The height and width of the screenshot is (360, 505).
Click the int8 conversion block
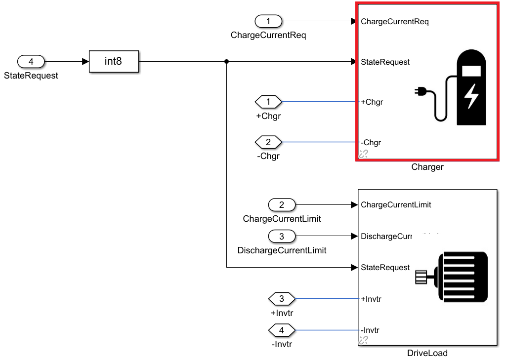(114, 62)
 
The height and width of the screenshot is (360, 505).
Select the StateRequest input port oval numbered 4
(31, 62)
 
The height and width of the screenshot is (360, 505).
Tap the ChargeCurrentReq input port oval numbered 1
(268, 21)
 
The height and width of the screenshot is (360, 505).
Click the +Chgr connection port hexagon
(268, 102)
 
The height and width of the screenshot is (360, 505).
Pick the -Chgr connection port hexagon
(268, 142)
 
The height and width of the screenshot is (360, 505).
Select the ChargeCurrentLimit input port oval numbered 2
(282, 204)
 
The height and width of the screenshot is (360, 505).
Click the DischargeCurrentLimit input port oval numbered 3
(282, 236)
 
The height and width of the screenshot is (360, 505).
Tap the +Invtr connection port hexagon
(282, 299)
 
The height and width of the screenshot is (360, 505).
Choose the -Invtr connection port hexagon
(282, 330)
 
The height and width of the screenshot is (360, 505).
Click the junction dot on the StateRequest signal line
(226, 62)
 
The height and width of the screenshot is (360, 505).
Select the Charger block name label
(427, 167)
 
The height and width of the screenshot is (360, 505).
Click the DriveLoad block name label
(427, 353)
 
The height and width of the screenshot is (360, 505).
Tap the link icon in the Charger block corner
(363, 154)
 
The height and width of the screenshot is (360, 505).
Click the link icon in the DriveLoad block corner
(363, 340)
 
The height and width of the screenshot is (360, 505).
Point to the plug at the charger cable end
(420, 91)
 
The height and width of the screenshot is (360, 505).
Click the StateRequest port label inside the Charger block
(385, 62)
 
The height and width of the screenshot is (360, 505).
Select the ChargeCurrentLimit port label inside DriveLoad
(396, 204)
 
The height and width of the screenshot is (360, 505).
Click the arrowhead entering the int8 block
(85, 62)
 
